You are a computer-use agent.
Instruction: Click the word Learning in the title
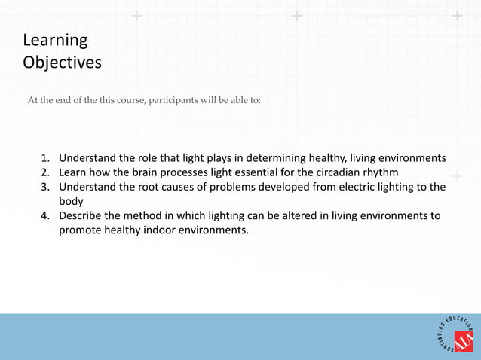[x=55, y=39]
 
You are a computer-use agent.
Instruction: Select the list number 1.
[x=45, y=158]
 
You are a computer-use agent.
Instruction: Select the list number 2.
[x=45, y=172]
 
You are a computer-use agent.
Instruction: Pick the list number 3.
[x=45, y=187]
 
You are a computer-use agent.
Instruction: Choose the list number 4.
[x=45, y=216]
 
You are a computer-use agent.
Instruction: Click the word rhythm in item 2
[x=403, y=172]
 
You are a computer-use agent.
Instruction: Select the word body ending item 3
[x=72, y=201]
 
